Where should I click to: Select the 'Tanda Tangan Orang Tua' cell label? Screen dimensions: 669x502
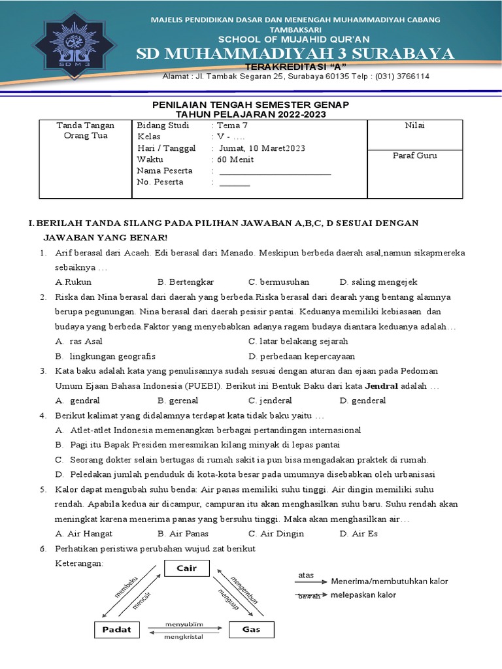point(85,131)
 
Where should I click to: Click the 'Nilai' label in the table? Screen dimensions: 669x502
point(414,125)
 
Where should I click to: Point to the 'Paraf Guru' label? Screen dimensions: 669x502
point(414,155)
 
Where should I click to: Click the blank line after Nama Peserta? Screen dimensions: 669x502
point(275,172)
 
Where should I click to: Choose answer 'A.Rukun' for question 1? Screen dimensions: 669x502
point(73,282)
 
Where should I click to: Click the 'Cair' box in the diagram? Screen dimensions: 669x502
point(186,568)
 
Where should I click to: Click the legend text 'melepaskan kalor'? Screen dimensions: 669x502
point(363,595)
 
